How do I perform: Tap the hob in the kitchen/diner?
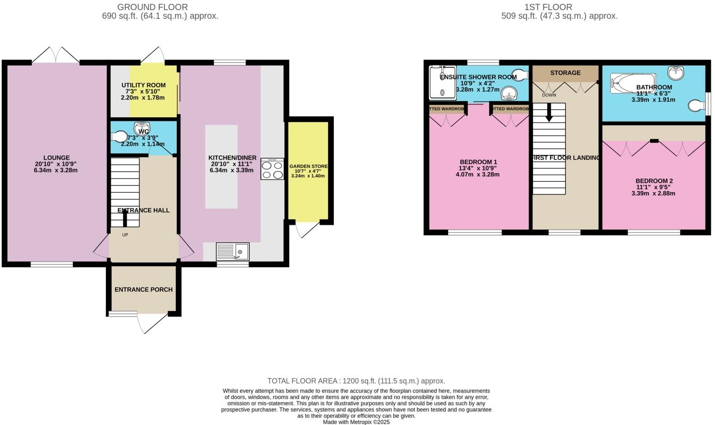[x=272, y=169]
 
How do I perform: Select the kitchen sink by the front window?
[x=233, y=251]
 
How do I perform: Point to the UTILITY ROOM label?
[x=143, y=85]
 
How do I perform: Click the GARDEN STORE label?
[x=308, y=166]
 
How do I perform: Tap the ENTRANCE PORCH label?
[x=143, y=290]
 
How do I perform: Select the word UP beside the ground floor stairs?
[x=125, y=235]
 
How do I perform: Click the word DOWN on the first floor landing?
[x=548, y=95]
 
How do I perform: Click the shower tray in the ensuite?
[x=442, y=83]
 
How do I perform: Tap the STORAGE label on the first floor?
[x=565, y=73]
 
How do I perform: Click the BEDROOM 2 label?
[x=655, y=181]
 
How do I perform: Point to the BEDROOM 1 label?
[x=479, y=162]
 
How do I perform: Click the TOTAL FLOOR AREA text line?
[x=356, y=381]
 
